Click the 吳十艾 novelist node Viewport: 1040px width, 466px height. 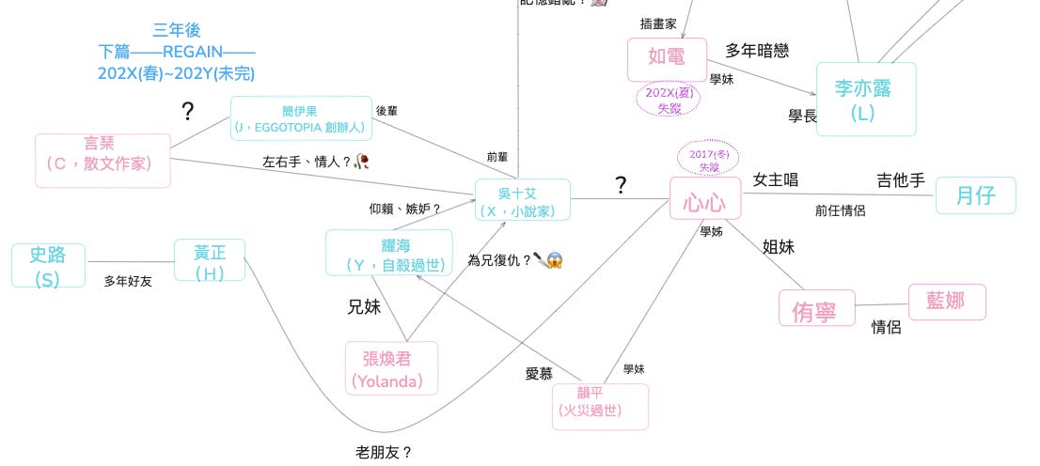click(523, 199)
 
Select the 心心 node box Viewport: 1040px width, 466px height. click(705, 199)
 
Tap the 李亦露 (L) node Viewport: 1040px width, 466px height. click(865, 100)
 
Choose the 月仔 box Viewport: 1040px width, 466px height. click(975, 195)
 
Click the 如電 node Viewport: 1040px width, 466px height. click(667, 58)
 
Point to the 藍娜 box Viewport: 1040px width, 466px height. click(947, 302)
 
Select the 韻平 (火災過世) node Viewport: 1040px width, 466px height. click(601, 405)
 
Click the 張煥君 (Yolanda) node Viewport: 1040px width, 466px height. click(387, 367)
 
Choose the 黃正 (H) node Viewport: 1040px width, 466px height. click(209, 261)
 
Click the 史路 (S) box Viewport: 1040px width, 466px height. click(48, 265)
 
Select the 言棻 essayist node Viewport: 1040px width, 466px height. click(102, 160)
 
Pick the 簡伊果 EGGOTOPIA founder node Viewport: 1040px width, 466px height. click(302, 118)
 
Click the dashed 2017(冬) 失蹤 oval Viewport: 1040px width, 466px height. click(708, 160)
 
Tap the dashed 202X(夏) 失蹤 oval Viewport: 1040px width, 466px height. click(669, 101)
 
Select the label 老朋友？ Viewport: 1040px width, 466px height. click(384, 452)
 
